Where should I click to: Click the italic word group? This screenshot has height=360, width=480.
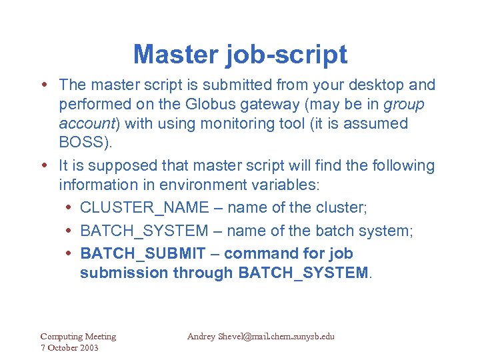[403, 105]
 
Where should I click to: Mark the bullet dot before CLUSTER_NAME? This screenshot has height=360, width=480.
[71, 208]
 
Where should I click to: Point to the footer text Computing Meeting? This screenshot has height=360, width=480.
[78, 337]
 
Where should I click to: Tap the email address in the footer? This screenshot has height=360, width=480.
[261, 337]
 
